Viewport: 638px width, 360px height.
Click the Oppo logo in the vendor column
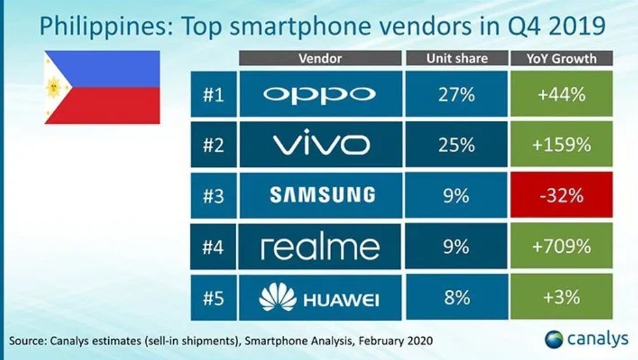(320, 95)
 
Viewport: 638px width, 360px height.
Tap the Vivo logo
(321, 145)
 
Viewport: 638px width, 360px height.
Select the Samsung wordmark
(320, 196)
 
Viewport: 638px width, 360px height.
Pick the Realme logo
(320, 247)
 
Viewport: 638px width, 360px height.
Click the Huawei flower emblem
(278, 298)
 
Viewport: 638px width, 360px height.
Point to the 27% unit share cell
(456, 95)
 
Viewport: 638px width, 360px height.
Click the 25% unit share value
(456, 145)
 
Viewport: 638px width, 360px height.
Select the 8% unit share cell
(456, 298)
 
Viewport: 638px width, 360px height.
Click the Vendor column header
(320, 59)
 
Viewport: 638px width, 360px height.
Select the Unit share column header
(456, 59)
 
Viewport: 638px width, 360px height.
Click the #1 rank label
(213, 95)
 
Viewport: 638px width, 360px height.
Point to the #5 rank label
(213, 298)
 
